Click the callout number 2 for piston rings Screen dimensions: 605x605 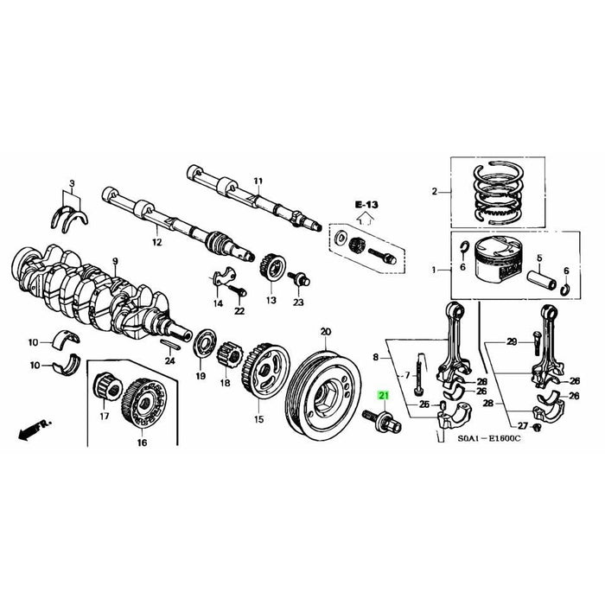pos(436,192)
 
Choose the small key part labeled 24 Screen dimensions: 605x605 pos(171,342)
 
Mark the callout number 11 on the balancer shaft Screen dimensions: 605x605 pos(257,181)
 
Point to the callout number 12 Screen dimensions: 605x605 pos(156,243)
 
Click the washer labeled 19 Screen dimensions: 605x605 pos(207,340)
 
